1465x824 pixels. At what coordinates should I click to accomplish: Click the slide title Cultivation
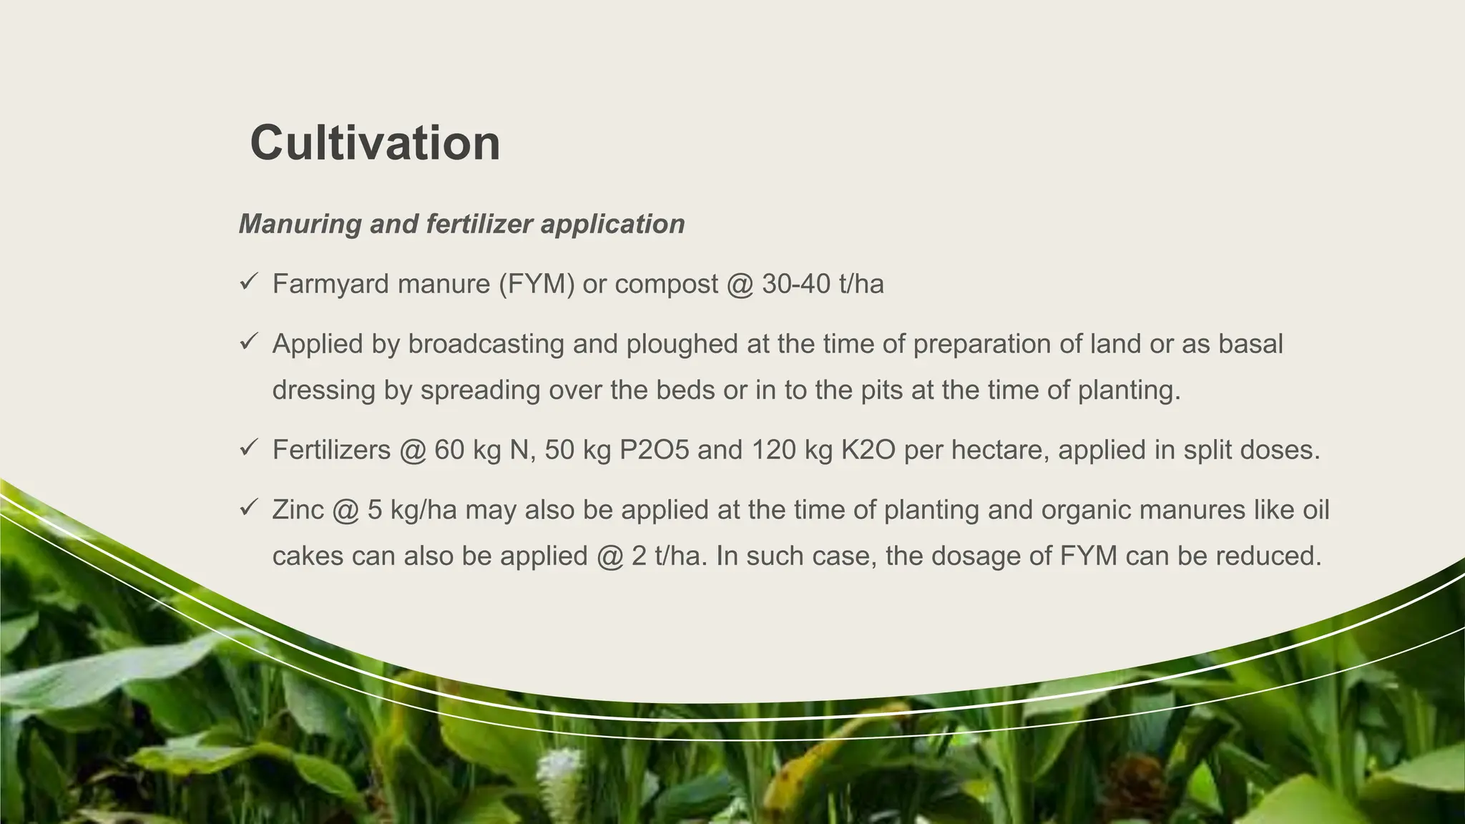(375, 143)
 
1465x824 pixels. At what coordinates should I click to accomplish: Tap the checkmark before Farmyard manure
(248, 283)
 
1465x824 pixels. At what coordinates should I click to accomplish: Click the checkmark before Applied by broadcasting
(248, 343)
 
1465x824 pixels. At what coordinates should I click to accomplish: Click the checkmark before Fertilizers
(248, 449)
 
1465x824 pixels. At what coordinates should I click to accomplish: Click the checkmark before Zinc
(248, 509)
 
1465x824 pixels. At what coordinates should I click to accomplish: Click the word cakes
(308, 556)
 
